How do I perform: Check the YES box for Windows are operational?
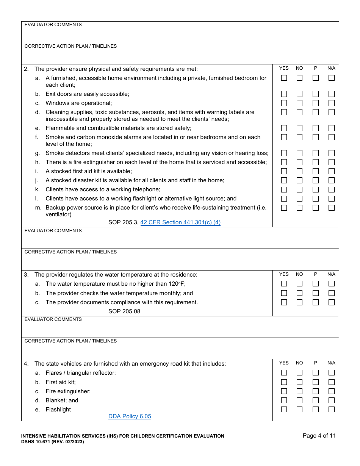(284, 103)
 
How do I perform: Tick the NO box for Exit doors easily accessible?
(300, 94)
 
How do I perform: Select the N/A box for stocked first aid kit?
(332, 171)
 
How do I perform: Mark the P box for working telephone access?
(316, 189)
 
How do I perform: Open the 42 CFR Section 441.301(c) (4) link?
(180, 222)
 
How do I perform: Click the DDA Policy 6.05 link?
(130, 416)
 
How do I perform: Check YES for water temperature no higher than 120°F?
(284, 284)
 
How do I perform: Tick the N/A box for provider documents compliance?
(332, 302)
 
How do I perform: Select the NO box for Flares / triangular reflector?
(300, 373)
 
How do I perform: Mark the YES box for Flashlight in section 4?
(284, 410)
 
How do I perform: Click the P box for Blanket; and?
(316, 400)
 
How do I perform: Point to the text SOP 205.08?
(124, 311)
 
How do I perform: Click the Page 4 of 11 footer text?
(319, 436)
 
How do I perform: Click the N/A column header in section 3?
(332, 274)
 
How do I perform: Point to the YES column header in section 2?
(284, 68)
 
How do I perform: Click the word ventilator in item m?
(58, 214)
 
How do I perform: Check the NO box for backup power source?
(300, 208)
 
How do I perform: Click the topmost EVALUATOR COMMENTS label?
(53, 25)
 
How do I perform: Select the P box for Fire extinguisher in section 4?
(316, 391)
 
